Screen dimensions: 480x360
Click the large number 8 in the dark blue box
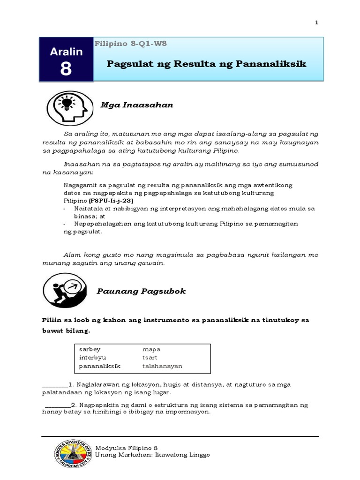pos(66,68)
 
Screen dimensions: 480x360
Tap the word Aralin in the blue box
pos(66,52)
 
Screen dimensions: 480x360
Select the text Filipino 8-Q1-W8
pos(131,44)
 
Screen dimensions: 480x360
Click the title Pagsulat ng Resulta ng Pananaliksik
pos(206,64)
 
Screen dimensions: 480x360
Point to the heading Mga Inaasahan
pos(137,105)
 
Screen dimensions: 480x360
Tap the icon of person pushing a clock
pos(64,291)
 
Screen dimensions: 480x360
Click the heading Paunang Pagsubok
pos(141,291)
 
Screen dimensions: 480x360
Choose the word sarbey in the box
pos(90,349)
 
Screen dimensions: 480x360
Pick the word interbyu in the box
pos(92,358)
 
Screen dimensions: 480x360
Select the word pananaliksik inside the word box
pos(100,366)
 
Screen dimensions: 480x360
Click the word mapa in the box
pos(151,349)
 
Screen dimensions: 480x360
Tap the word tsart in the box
pos(150,358)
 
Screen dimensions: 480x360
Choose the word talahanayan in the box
pos(162,366)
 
